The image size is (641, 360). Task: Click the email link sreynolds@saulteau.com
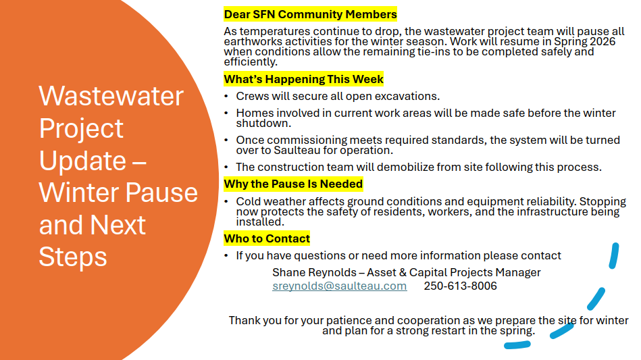click(x=339, y=286)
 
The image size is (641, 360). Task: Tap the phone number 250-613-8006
click(x=460, y=286)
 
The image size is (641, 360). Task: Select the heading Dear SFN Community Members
click(x=310, y=14)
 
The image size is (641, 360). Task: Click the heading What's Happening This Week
click(x=304, y=79)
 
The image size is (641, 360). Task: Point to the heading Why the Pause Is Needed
click(x=294, y=184)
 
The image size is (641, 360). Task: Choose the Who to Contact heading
click(x=267, y=238)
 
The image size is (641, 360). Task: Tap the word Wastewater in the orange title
click(x=111, y=97)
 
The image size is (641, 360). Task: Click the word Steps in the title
click(x=73, y=257)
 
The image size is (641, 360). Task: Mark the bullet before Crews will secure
click(x=226, y=97)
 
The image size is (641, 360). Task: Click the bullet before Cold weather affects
click(x=226, y=201)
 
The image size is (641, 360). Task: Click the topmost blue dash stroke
click(x=614, y=256)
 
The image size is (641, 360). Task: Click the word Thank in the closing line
click(x=243, y=320)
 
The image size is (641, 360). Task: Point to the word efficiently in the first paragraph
click(x=251, y=62)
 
